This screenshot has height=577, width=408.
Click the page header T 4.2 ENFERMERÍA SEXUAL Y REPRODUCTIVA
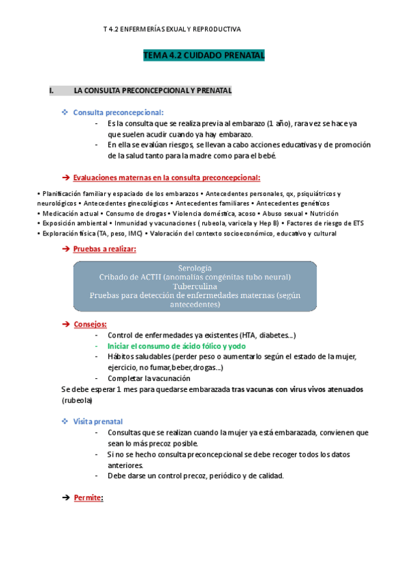tap(172, 29)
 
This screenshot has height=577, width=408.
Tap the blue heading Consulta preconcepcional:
tap(118, 112)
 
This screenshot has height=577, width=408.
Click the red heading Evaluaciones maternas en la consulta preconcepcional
tap(166, 178)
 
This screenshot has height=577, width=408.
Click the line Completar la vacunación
tap(149, 378)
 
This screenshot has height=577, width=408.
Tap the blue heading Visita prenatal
tap(98, 422)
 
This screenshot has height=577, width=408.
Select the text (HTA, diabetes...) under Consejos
tap(268, 335)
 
